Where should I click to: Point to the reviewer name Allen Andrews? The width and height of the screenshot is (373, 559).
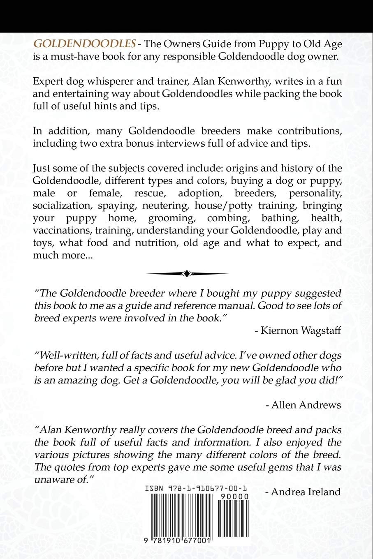click(x=303, y=405)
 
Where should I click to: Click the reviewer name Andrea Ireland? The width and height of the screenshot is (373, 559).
click(x=303, y=492)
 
